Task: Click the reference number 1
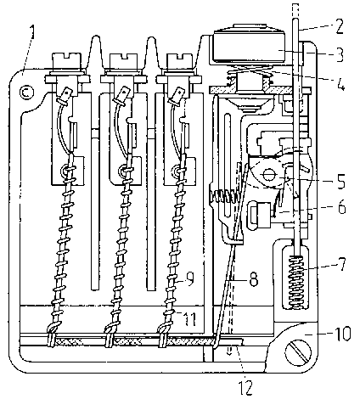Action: pos(34,31)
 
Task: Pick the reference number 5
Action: pos(340,181)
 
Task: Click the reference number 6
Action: pos(342,206)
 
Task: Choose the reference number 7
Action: pos(341,264)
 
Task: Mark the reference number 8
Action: pos(253,279)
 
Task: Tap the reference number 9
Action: pos(189,278)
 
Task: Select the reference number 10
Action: pos(341,333)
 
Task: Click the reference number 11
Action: pos(190,318)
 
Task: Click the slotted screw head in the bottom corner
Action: pos(298,352)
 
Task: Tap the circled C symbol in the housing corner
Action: pos(27,93)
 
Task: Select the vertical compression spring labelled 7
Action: pos(298,282)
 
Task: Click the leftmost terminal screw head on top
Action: pos(67,61)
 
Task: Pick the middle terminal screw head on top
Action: pos(124,61)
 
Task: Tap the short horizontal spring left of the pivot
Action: pos(224,196)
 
